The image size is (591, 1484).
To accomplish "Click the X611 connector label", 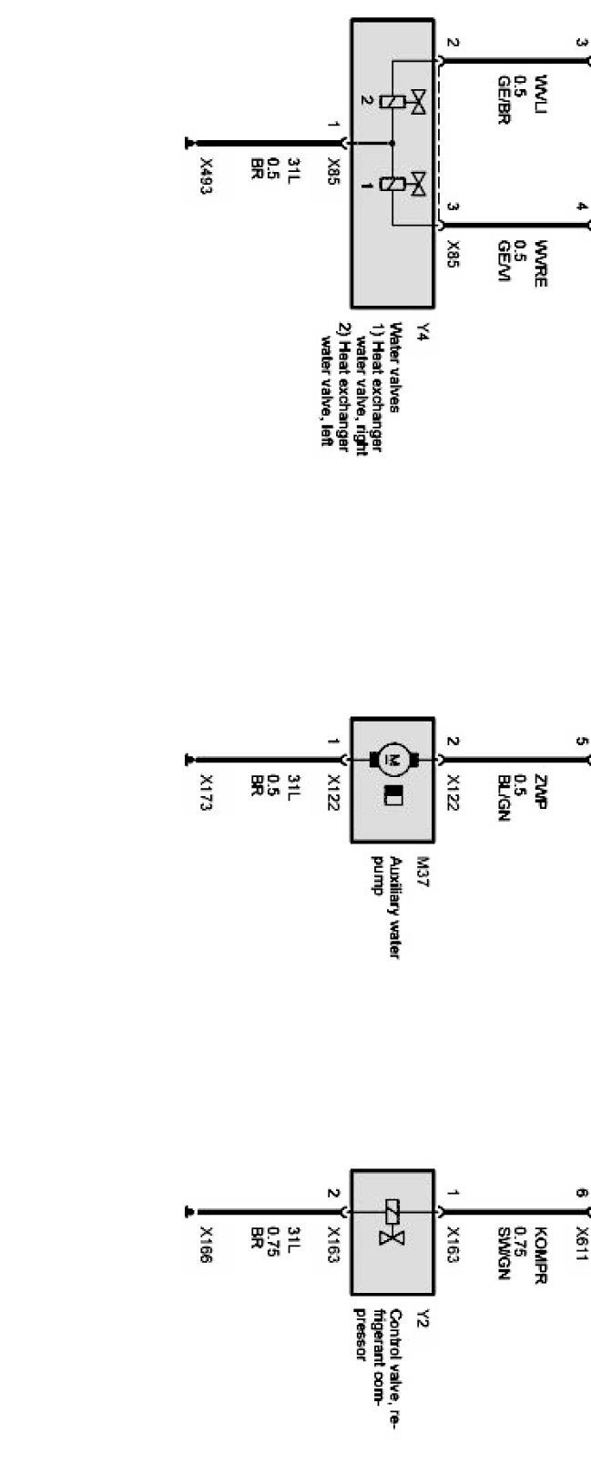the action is [583, 1239].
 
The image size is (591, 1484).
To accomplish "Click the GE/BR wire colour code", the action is [502, 99].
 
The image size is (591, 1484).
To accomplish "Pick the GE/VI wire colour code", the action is [502, 263].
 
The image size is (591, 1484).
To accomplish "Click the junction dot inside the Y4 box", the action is [392, 143].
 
